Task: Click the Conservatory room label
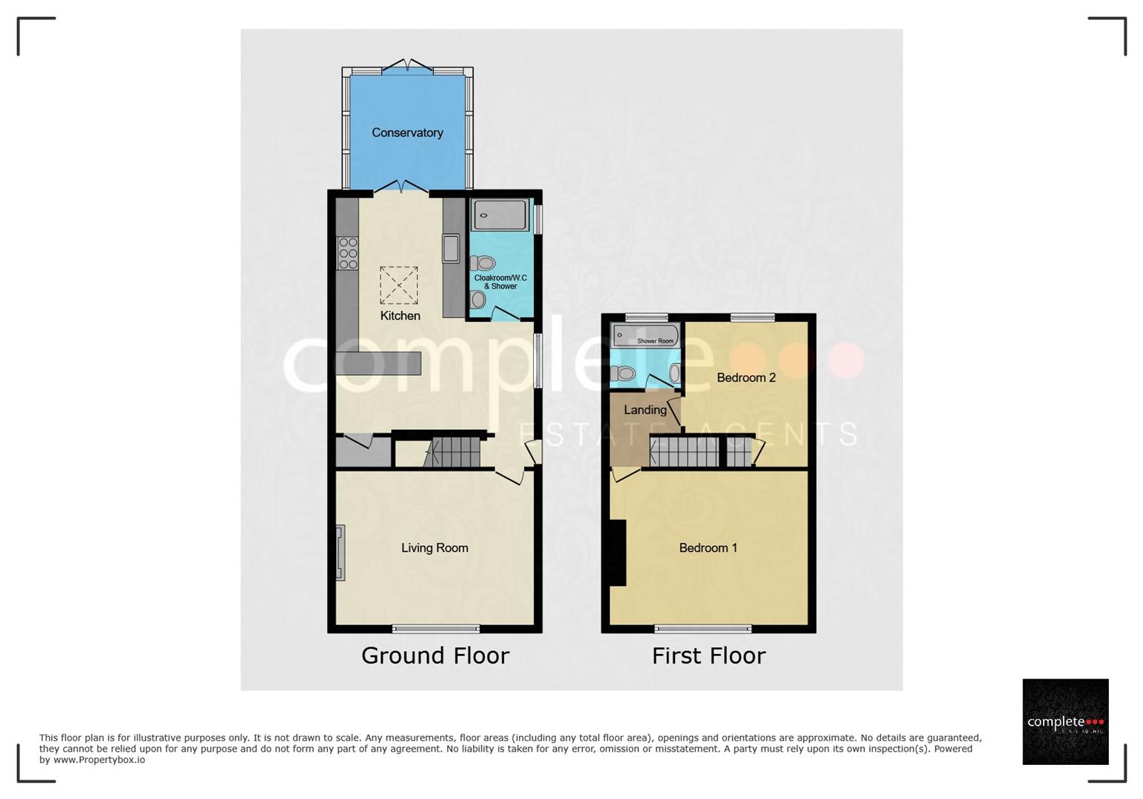[407, 133]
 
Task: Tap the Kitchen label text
[400, 316]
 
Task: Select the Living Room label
[435, 548]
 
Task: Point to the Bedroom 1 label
[708, 548]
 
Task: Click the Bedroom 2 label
[745, 378]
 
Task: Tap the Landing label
[645, 410]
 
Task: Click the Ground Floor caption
[435, 655]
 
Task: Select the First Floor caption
[708, 655]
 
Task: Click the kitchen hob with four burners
[347, 253]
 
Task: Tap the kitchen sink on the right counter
[451, 249]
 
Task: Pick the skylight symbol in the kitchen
[398, 286]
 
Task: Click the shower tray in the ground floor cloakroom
[500, 215]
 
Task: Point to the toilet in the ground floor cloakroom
[483, 263]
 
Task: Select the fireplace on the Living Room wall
[341, 552]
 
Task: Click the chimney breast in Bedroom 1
[618, 553]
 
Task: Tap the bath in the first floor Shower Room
[645, 335]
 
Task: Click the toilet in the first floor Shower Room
[623, 374]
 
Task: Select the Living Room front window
[436, 630]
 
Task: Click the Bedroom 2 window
[752, 318]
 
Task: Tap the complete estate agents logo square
[1065, 721]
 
